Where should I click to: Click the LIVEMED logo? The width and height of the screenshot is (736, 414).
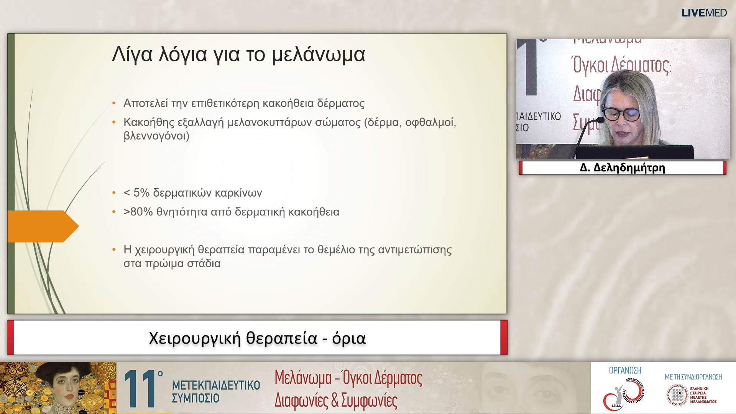(704, 13)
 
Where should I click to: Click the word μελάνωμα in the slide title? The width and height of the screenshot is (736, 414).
(318, 54)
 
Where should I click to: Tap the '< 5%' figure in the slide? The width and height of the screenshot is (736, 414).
(136, 193)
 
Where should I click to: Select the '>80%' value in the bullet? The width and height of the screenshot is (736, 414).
(138, 212)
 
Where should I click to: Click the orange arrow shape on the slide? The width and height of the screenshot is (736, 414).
(42, 226)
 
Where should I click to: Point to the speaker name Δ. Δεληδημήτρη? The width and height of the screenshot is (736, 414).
(622, 168)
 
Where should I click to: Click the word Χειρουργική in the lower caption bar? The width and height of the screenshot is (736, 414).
(195, 338)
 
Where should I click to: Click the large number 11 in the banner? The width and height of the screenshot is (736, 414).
(140, 389)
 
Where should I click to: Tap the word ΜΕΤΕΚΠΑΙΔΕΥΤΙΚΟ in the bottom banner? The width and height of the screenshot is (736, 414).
(216, 385)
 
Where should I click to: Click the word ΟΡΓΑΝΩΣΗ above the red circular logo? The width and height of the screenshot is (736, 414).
(625, 371)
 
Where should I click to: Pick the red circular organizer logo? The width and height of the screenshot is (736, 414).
(624, 394)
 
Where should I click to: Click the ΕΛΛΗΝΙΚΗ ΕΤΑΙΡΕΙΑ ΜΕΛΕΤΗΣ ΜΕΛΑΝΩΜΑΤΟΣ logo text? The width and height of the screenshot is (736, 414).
(703, 395)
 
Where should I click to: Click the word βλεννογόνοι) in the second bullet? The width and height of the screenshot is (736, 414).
(156, 136)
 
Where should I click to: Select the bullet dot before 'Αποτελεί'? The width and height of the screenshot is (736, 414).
(114, 103)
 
